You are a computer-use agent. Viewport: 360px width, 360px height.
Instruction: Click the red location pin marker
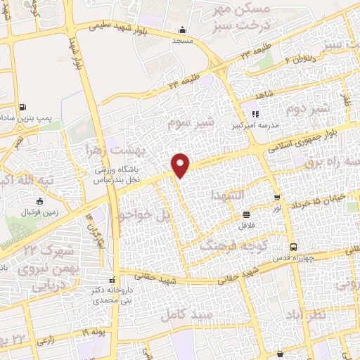(x=181, y=165)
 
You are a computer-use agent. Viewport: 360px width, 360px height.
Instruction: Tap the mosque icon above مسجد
(x=182, y=30)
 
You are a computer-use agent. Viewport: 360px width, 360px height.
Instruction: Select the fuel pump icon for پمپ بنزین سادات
(x=25, y=108)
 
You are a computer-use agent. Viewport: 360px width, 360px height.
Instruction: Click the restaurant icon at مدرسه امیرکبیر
(x=256, y=113)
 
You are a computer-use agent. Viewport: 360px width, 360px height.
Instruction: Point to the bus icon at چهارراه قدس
(x=293, y=247)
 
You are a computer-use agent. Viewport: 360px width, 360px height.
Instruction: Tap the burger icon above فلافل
(x=246, y=215)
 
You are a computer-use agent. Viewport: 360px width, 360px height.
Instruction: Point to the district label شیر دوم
(x=308, y=110)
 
